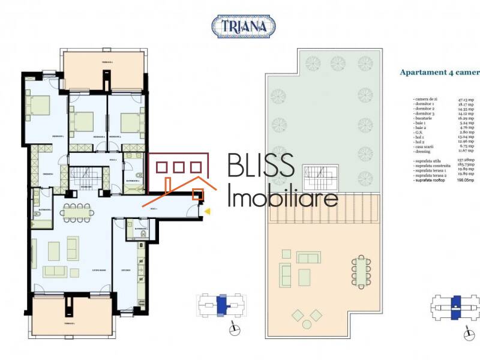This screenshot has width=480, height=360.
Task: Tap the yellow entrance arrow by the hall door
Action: coord(208,211)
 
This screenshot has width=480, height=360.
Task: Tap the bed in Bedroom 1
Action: coord(40,106)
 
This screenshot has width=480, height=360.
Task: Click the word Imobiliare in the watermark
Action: coord(283,197)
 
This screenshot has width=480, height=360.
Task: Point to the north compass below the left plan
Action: coord(235,329)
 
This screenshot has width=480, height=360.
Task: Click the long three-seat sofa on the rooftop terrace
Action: coord(308,258)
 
